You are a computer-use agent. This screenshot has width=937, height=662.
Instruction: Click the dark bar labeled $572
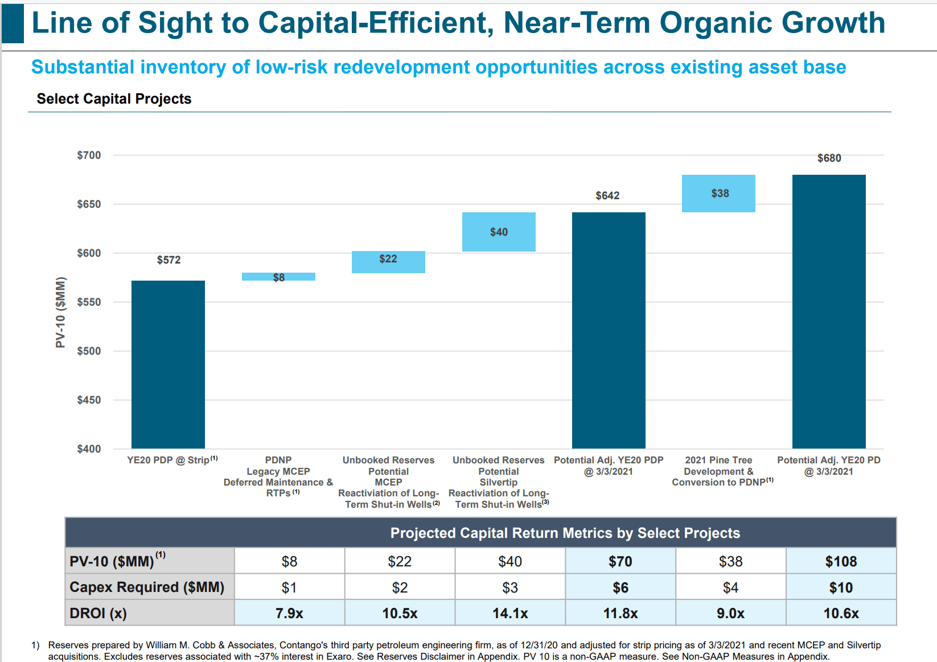[x=168, y=364]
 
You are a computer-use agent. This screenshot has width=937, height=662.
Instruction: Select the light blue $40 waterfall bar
[x=499, y=232]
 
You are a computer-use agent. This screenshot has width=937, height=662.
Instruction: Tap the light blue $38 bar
[x=718, y=194]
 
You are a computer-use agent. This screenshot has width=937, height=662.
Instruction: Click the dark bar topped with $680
[x=829, y=311]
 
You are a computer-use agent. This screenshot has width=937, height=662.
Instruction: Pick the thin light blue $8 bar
[x=278, y=277]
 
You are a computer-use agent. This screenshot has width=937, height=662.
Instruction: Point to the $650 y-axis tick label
[x=89, y=204]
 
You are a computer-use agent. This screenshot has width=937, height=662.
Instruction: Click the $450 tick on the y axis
[x=89, y=400]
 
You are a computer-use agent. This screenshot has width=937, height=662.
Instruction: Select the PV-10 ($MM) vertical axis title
[x=60, y=312]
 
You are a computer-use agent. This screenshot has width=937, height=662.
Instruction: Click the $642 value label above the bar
[x=607, y=195]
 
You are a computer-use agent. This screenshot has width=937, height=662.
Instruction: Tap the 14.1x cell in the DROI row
[x=510, y=613]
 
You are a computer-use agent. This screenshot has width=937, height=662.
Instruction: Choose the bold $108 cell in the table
[x=841, y=561]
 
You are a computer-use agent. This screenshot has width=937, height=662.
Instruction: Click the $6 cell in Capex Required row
[x=620, y=587]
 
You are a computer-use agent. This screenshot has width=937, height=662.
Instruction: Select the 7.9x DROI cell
[x=289, y=613]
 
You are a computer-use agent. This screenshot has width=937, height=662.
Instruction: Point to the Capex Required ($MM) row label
[x=147, y=587]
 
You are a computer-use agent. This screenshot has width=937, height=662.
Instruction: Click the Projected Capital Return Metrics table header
[x=565, y=533]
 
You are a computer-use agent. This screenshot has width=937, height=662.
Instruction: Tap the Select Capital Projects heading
[x=114, y=98]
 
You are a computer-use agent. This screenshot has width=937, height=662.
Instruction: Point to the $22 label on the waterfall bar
[x=388, y=258]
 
